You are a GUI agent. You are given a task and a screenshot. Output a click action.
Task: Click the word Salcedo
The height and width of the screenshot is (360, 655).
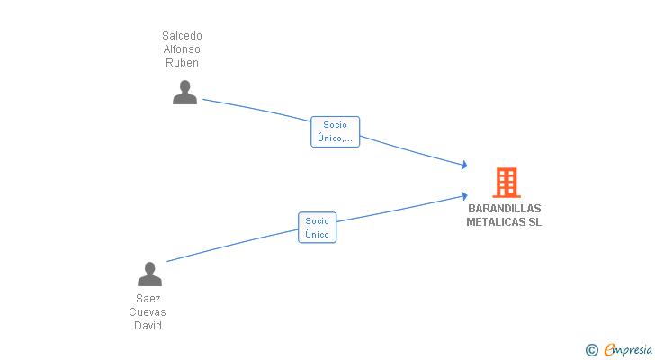[182, 36]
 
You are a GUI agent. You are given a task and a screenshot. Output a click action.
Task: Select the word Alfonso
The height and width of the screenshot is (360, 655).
[182, 49]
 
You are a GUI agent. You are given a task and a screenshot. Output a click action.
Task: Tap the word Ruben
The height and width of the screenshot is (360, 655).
[182, 63]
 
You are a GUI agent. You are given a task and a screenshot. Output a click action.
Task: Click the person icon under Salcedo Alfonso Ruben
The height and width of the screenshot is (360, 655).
[184, 93]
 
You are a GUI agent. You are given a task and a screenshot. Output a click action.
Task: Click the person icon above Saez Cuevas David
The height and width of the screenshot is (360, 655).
[149, 274]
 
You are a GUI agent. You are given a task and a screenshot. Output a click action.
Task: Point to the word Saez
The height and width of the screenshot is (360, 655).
[148, 299]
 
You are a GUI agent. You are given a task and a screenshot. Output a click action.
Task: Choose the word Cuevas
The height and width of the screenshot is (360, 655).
[148, 312]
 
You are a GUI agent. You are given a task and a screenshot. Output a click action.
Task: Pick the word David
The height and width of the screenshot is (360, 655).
[148, 325]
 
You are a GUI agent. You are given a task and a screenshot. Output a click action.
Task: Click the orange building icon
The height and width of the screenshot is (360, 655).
[507, 183]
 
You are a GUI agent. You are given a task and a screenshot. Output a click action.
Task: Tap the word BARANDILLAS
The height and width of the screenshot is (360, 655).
[505, 209]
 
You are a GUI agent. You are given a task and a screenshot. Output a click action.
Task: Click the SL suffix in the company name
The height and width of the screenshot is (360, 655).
[535, 221]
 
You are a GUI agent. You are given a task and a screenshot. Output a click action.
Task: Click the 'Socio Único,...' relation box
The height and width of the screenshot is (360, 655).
[335, 131]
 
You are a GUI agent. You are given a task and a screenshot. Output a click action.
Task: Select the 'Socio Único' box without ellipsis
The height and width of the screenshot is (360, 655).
[317, 228]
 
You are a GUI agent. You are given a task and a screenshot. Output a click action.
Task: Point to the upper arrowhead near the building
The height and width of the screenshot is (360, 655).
[464, 165]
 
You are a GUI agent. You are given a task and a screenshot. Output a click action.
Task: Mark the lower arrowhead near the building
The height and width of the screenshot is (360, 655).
[464, 196]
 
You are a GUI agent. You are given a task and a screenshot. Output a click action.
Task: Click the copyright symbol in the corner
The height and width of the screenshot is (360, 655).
[591, 350]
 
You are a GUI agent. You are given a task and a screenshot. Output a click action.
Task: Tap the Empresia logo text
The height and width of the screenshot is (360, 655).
[628, 350]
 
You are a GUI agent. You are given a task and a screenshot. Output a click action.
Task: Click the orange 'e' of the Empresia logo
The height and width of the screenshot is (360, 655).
[609, 349]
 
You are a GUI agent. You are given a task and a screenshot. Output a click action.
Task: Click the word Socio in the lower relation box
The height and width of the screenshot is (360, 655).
[317, 220]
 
